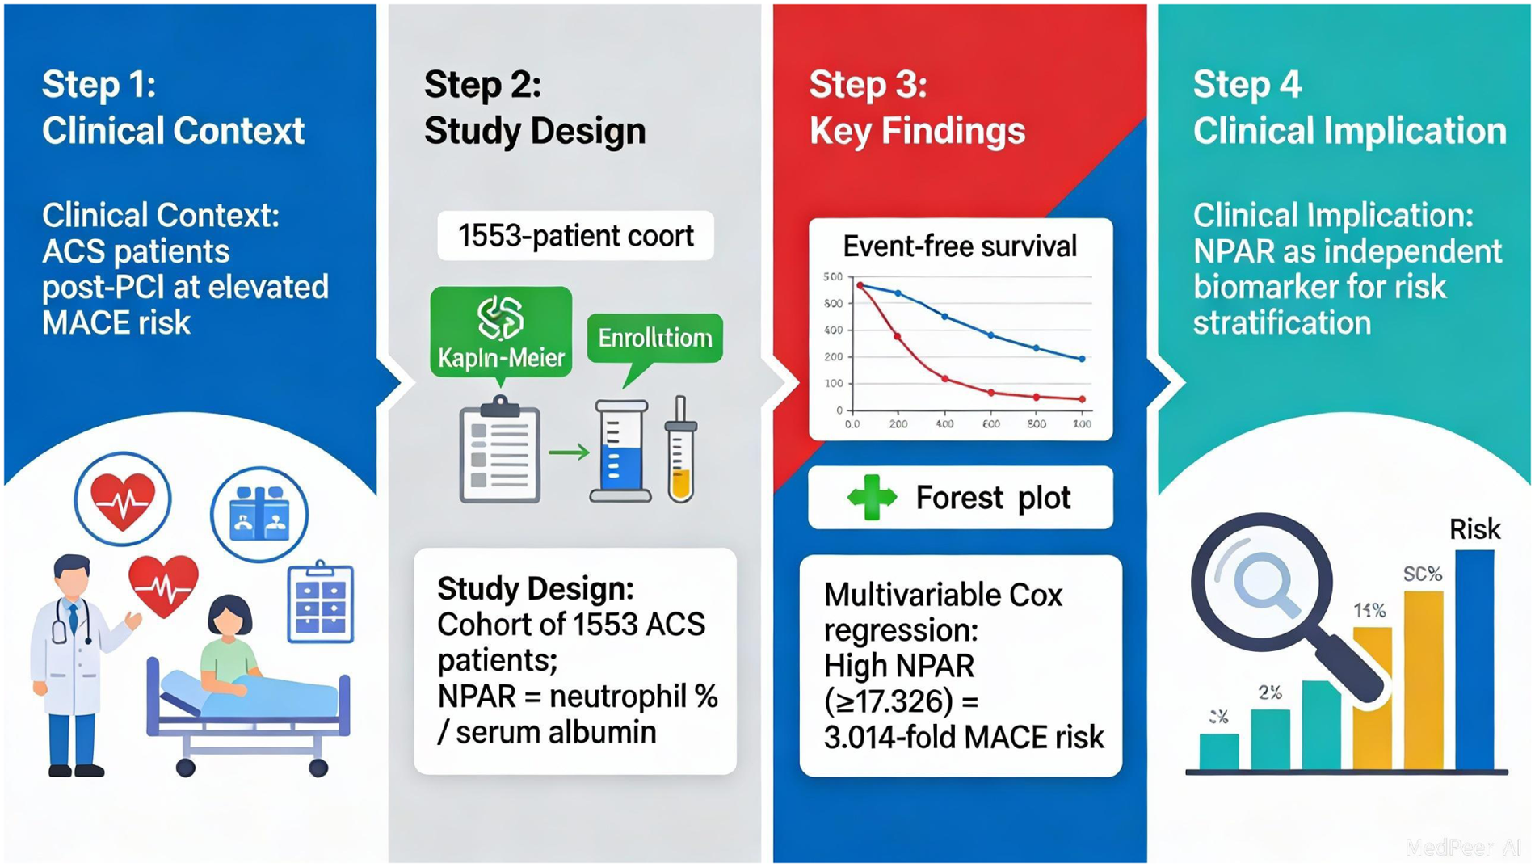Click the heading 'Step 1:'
pyautogui.click(x=99, y=84)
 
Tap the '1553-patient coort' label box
pyautogui.click(x=575, y=236)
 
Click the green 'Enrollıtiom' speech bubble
pyautogui.click(x=654, y=338)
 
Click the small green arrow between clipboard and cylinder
pyautogui.click(x=569, y=452)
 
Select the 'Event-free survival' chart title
pyautogui.click(x=959, y=246)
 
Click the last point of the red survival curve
pyautogui.click(x=1083, y=399)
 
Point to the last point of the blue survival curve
pyautogui.click(x=1083, y=359)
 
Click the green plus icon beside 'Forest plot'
pyautogui.click(x=872, y=498)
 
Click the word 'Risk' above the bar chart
pyautogui.click(x=1474, y=529)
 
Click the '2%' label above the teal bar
pyautogui.click(x=1270, y=692)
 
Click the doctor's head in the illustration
pyautogui.click(x=73, y=575)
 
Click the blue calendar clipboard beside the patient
pyautogui.click(x=321, y=604)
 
